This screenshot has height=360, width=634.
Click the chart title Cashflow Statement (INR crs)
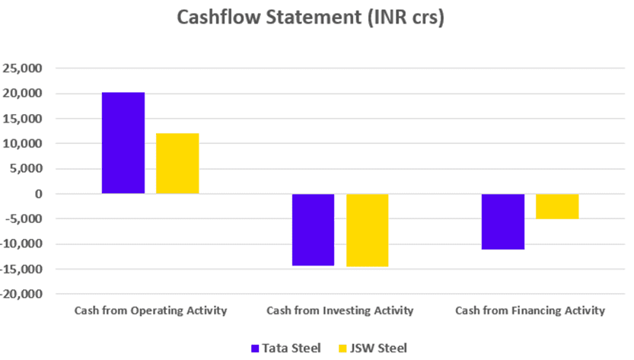click(x=310, y=18)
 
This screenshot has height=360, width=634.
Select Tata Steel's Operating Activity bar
click(x=123, y=143)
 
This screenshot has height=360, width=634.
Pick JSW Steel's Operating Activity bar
click(x=177, y=164)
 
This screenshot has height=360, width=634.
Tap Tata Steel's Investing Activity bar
click(x=314, y=229)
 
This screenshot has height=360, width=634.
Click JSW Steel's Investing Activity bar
click(x=368, y=230)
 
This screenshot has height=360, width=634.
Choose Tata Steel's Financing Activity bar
click(x=503, y=221)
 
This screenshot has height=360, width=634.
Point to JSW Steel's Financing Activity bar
click(x=557, y=206)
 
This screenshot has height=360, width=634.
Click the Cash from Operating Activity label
click(x=151, y=311)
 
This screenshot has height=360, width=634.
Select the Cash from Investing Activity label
click(x=340, y=311)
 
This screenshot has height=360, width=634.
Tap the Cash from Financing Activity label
click(x=530, y=311)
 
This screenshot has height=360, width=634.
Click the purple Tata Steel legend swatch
click(x=256, y=348)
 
